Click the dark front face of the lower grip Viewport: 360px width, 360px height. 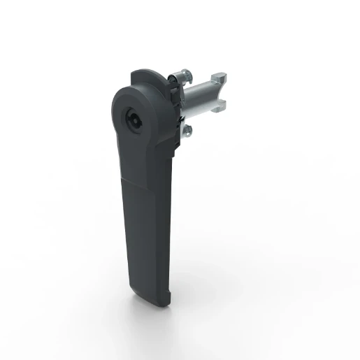pyautogui.click(x=143, y=231)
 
